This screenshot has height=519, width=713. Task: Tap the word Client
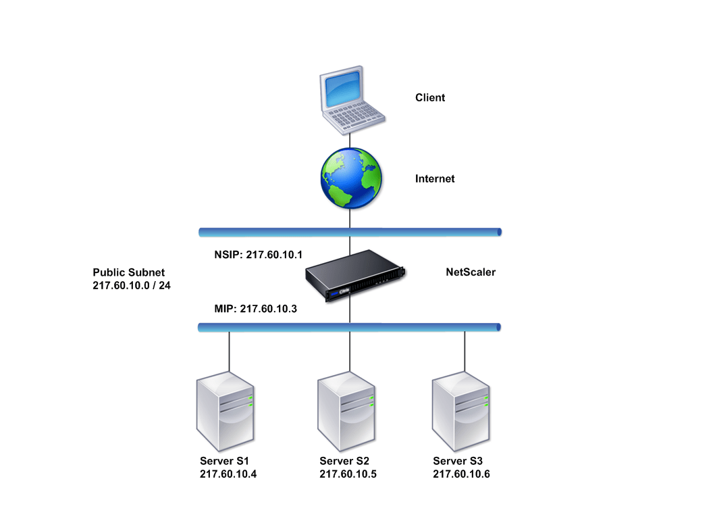(x=429, y=97)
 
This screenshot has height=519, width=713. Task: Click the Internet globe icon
(x=351, y=178)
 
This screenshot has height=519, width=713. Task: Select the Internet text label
(x=435, y=178)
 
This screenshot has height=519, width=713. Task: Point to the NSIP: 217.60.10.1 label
(x=259, y=255)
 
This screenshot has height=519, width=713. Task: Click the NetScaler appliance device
(x=354, y=274)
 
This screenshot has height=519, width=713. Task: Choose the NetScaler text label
(x=471, y=272)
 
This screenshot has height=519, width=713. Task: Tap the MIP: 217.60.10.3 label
(x=255, y=309)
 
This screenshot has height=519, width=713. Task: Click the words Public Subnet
(x=129, y=272)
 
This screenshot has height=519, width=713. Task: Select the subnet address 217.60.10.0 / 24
(x=132, y=285)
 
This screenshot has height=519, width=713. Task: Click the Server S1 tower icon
(x=225, y=411)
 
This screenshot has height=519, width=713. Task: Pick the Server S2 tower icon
(x=346, y=411)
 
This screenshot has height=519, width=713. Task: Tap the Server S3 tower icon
(x=460, y=411)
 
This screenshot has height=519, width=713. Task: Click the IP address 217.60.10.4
(x=228, y=474)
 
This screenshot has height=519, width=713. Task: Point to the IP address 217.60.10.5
(x=348, y=474)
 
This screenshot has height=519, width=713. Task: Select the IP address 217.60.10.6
(x=462, y=474)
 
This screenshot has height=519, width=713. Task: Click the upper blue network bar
(x=350, y=232)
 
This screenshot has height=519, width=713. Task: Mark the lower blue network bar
(x=349, y=327)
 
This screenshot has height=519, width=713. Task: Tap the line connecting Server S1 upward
(x=229, y=351)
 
